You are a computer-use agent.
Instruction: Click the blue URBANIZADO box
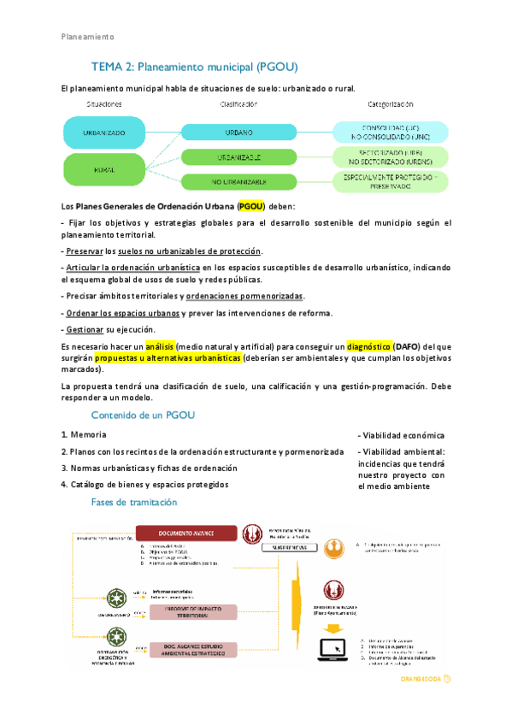(104, 133)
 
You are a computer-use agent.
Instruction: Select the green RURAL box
(104, 170)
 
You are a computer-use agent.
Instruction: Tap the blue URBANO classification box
(238, 133)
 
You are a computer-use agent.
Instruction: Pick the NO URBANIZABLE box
(238, 181)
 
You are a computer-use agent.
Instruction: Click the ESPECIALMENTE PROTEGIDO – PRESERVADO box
(390, 181)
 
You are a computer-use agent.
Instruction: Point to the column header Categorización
(390, 103)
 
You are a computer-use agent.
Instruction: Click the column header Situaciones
(104, 103)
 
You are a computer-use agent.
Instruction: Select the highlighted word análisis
(160, 346)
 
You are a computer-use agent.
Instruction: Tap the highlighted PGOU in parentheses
(251, 206)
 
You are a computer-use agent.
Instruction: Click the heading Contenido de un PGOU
(144, 415)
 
